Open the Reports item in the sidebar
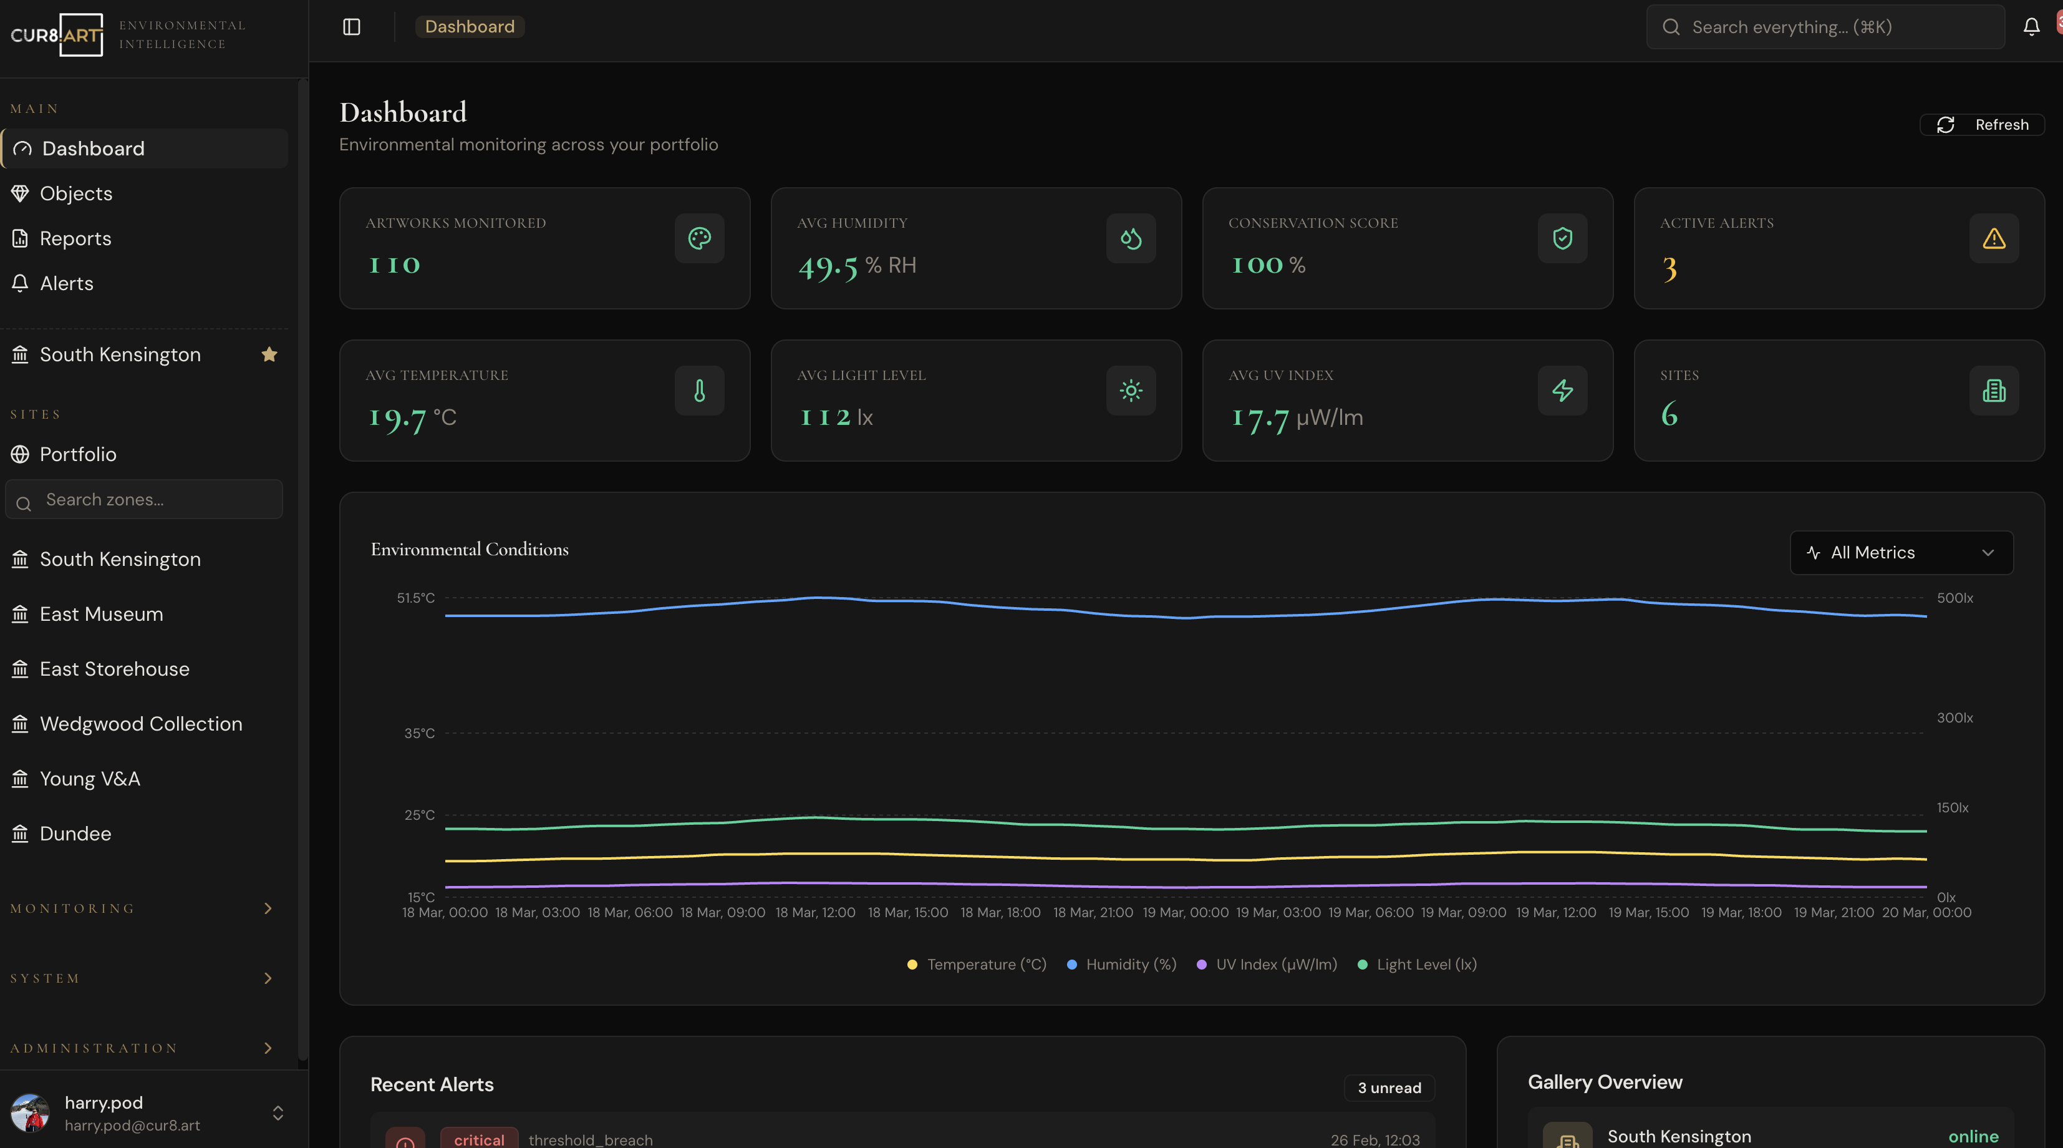pos(75,239)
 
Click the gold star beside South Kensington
pos(269,354)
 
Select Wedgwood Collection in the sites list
pos(140,724)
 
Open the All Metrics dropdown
pos(1900,553)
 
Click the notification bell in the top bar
pos(2031,27)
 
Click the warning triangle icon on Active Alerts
pos(1993,239)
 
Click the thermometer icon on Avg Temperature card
pos(699,391)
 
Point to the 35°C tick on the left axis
pos(419,733)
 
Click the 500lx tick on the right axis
pos(1954,598)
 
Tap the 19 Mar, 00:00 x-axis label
pos(1186,912)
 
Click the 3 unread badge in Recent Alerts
pos(1389,1088)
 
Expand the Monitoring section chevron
pos(268,908)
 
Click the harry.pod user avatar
pos(30,1113)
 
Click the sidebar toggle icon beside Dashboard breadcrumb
pos(352,27)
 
